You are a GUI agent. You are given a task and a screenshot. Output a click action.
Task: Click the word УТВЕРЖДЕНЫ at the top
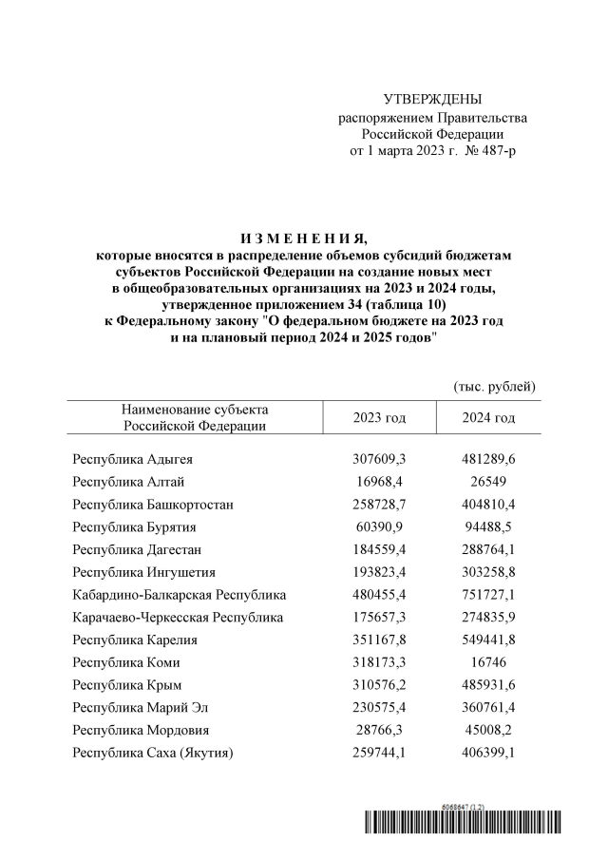[x=432, y=100]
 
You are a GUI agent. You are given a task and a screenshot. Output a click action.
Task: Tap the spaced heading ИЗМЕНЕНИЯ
[x=303, y=238]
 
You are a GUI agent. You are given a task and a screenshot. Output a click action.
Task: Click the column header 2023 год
[x=379, y=418]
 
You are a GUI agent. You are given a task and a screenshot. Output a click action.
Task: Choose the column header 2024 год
[x=488, y=418]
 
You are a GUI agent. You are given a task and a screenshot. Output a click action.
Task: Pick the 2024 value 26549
[x=488, y=482]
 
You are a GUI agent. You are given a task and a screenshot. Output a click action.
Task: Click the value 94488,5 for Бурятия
[x=488, y=527]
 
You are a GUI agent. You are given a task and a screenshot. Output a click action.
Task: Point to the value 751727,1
[x=488, y=595]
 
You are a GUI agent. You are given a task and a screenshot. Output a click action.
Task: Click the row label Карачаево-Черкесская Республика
[x=178, y=618]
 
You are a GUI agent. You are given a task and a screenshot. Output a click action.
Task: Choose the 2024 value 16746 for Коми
[x=488, y=662]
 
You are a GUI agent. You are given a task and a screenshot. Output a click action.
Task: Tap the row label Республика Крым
[x=127, y=685]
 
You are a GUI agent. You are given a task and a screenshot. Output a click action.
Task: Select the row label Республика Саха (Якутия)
[x=154, y=754]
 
